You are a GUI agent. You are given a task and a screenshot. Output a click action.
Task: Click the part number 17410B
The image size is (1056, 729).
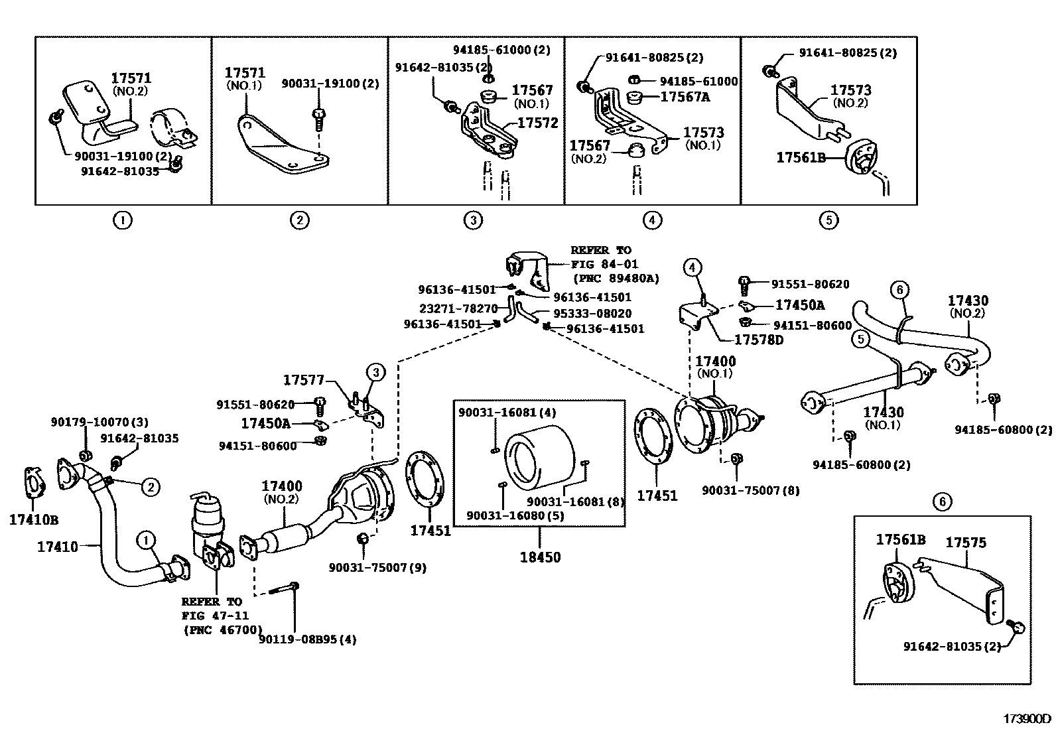click(x=34, y=519)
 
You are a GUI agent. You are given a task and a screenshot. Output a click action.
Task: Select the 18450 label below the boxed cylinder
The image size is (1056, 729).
click(x=540, y=557)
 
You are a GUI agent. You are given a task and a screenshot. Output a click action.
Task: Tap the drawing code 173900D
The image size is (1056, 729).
click(x=1027, y=718)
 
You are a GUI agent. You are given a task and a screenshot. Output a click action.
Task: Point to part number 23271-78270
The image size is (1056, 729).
click(x=458, y=309)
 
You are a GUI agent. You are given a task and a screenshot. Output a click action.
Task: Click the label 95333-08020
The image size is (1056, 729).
click(x=592, y=314)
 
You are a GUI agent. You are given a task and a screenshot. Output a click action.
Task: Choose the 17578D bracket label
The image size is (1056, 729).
click(x=759, y=340)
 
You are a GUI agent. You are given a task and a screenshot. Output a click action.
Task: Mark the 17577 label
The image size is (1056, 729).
click(x=303, y=380)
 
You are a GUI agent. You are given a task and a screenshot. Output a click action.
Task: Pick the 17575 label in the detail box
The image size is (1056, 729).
click(x=965, y=543)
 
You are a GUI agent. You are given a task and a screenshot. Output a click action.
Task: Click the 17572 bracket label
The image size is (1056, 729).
click(x=537, y=123)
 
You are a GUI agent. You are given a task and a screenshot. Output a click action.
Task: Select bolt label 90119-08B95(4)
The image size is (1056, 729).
click(x=308, y=640)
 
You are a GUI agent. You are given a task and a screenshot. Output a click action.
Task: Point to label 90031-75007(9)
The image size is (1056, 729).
click(x=377, y=567)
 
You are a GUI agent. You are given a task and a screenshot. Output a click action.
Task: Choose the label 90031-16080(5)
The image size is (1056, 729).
click(x=515, y=515)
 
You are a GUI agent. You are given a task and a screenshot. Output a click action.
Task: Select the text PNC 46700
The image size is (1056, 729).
click(x=222, y=630)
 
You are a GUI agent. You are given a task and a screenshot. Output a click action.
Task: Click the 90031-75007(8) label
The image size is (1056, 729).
click(x=751, y=491)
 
